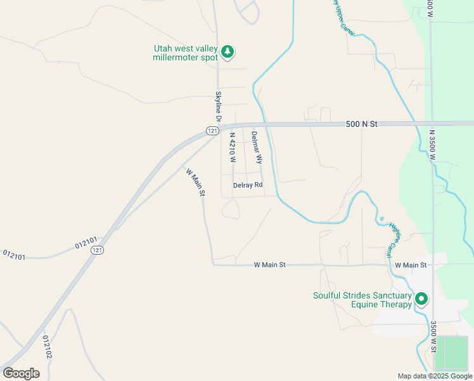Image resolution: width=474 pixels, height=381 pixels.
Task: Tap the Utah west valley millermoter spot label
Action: click(x=186, y=53)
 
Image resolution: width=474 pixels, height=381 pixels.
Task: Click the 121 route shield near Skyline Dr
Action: click(x=212, y=130)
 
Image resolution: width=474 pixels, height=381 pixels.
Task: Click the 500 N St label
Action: click(x=362, y=124)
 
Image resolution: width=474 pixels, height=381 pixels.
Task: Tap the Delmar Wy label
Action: click(x=256, y=147)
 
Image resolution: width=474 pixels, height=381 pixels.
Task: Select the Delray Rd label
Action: click(x=248, y=185)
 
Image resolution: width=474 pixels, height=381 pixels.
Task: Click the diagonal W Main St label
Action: click(x=195, y=181)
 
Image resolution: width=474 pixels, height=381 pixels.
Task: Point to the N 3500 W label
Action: click(x=432, y=145)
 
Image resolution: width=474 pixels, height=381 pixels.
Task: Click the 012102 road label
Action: click(x=46, y=347)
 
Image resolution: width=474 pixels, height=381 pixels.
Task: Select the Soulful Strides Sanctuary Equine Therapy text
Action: click(x=362, y=300)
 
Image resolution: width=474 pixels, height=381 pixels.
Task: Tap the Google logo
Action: click(x=21, y=373)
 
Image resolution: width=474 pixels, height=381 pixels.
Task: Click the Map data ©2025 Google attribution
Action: click(x=435, y=376)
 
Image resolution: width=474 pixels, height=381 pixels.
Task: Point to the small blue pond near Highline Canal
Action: click(x=381, y=219)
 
